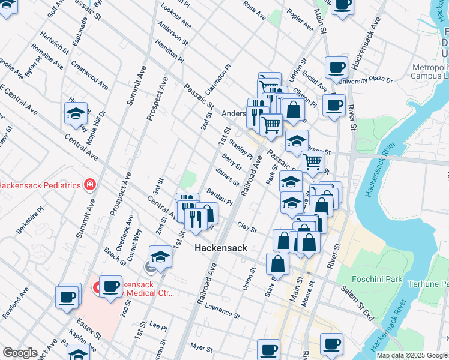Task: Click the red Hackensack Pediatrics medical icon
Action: click(x=89, y=185)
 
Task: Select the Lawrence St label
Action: click(x=221, y=311)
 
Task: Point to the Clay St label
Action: click(x=247, y=229)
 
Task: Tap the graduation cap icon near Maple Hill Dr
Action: click(x=76, y=114)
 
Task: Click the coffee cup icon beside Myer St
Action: click(x=269, y=350)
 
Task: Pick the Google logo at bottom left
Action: click(x=20, y=353)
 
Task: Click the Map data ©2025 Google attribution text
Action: click(x=412, y=355)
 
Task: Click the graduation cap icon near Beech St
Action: click(x=160, y=257)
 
